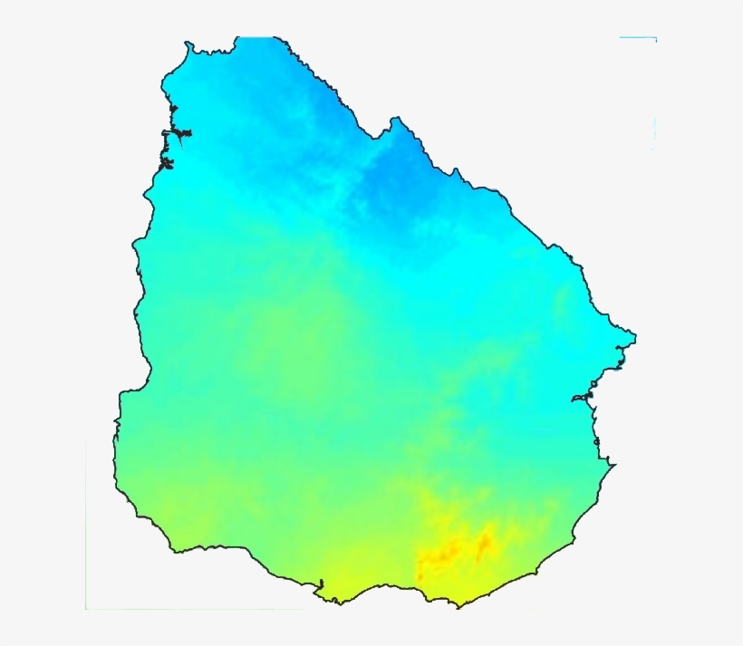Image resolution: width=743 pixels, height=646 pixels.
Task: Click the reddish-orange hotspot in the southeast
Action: pyautogui.click(x=485, y=543)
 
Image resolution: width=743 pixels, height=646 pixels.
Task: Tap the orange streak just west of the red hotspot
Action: pyautogui.click(x=444, y=552)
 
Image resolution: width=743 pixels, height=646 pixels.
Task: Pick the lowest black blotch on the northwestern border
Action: pyautogui.click(x=166, y=165)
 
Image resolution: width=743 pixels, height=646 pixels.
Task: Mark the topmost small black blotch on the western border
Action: pyautogui.click(x=173, y=111)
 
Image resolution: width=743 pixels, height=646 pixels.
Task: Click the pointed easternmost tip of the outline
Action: pyautogui.click(x=634, y=336)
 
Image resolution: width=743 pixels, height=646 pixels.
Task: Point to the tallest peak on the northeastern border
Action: pyautogui.click(x=396, y=119)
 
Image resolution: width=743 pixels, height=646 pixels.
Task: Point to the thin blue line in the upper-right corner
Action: pyautogui.click(x=638, y=38)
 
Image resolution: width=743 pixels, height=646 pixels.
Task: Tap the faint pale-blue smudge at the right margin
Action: pyautogui.click(x=653, y=131)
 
